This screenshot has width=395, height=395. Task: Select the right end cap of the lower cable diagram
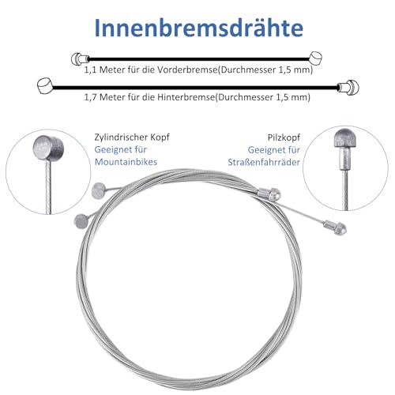344,85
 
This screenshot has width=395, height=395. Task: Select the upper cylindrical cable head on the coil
99,189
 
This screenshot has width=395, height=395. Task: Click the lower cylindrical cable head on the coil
81,219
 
